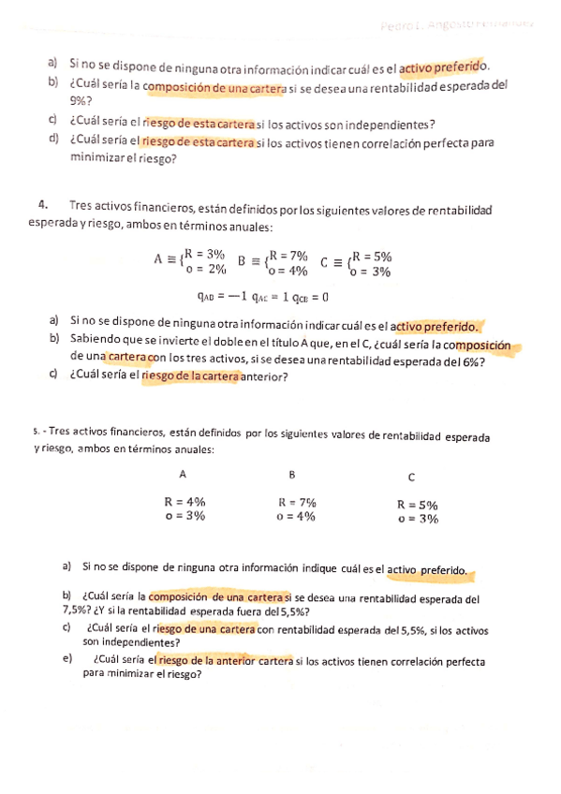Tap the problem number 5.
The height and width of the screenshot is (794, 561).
pos(36,433)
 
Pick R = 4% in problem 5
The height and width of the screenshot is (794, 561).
pos(185,501)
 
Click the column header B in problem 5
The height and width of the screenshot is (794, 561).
pos(292,474)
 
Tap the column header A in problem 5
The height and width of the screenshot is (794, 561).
pos(182,474)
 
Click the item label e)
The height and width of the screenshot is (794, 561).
pos(66,658)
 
